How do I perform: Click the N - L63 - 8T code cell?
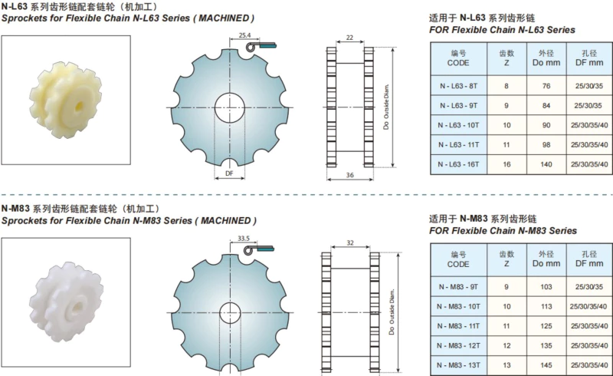click(x=458, y=86)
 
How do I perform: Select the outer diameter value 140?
click(x=546, y=164)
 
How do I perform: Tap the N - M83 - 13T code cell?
click(x=458, y=365)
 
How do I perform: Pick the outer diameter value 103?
click(x=546, y=287)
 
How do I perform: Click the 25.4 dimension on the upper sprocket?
click(x=244, y=35)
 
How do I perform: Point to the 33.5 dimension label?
click(x=244, y=238)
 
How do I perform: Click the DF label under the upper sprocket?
click(x=229, y=173)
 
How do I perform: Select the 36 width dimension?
click(x=350, y=175)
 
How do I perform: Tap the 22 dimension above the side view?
click(x=349, y=38)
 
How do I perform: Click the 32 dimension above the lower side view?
click(x=350, y=242)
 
